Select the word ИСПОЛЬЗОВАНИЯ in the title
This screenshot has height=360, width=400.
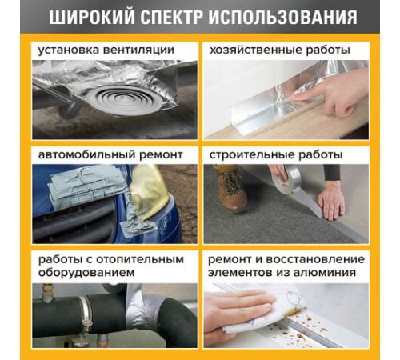coord(286,18)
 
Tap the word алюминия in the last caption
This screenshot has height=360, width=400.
coord(329,272)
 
